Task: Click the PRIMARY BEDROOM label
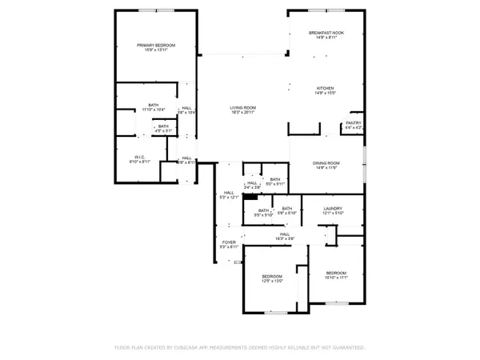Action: (x=156, y=46)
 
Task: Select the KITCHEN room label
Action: (x=325, y=88)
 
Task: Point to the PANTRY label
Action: (x=354, y=123)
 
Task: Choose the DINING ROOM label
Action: (x=326, y=163)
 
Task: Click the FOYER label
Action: (x=230, y=241)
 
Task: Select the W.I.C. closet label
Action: (x=139, y=157)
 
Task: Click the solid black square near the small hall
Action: (x=250, y=197)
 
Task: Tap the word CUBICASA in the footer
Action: (x=198, y=348)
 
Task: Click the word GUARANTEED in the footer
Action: (x=346, y=348)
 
